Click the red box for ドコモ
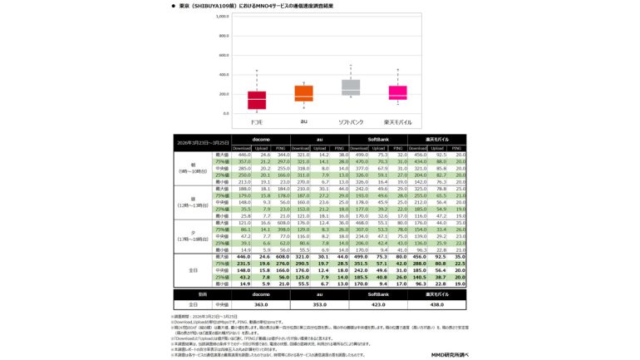(257, 100)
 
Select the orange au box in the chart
(303, 93)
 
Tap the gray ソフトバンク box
(351, 87)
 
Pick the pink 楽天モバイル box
(398, 92)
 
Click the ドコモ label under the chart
(257, 122)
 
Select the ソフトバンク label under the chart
(351, 122)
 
